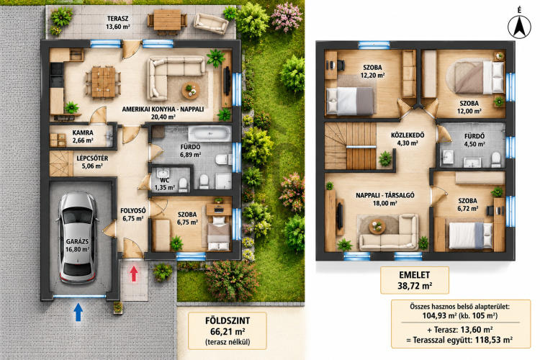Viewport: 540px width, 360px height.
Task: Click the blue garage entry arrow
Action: pyautogui.click(x=78, y=312)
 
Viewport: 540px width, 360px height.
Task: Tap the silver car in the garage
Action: pyautogui.click(x=77, y=238)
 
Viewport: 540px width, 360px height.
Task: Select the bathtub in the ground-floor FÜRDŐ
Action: pyautogui.click(x=210, y=133)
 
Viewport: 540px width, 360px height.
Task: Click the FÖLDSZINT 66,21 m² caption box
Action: pyautogui.click(x=228, y=330)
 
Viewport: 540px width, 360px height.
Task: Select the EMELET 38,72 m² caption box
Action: pyautogui.click(x=414, y=280)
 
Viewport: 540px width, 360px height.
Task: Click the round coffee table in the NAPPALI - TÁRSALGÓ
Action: pyautogui.click(x=377, y=226)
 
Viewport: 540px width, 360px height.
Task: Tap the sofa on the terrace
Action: pyautogui.click(x=211, y=24)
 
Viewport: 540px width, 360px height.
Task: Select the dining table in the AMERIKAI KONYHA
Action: pyautogui.click(x=103, y=82)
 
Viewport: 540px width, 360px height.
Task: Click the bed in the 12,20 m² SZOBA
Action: pyautogui.click(x=349, y=102)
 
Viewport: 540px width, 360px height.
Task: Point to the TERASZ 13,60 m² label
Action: pyautogui.click(x=118, y=22)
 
